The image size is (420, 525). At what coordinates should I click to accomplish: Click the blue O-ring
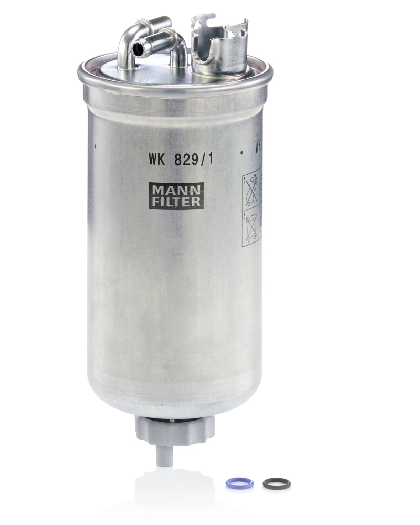239,483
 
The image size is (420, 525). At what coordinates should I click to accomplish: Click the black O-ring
276,483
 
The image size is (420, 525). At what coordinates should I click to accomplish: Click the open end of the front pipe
139,49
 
